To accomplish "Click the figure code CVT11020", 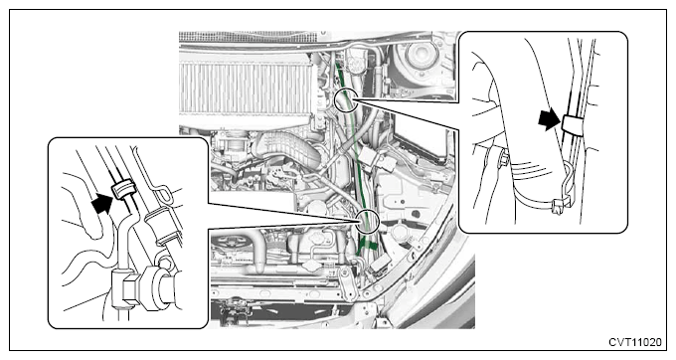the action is coord(634,342).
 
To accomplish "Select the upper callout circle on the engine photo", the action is coord(335,98).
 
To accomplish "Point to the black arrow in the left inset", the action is coord(102,203).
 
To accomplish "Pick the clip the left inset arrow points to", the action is coord(122,189).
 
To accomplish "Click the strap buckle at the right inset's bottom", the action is coord(559,205).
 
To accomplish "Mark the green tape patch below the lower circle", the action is coord(367,247).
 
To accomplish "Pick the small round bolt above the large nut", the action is coord(164,262).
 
